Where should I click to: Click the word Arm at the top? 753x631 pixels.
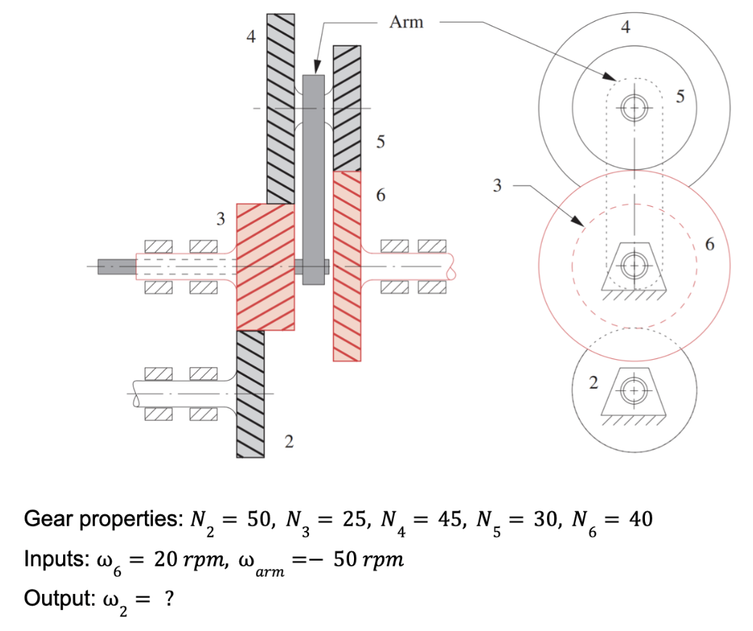coord(406,22)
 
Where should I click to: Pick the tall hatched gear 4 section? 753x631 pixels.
coord(281,109)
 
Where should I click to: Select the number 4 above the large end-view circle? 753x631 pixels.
coord(626,28)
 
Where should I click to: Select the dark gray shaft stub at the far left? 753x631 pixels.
coord(117,267)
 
